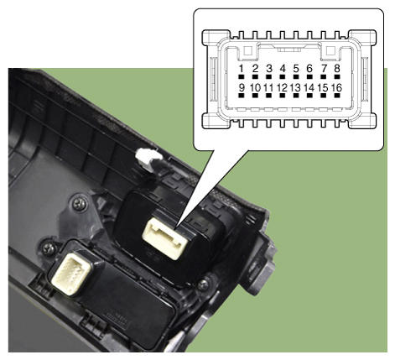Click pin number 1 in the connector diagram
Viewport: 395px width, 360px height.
pyautogui.click(x=242, y=68)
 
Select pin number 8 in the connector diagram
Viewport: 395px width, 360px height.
pyautogui.click(x=337, y=68)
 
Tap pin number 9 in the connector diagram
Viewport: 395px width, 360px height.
pyautogui.click(x=242, y=87)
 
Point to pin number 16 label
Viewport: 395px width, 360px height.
pyautogui.click(x=336, y=87)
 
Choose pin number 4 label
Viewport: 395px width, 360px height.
pyautogui.click(x=283, y=68)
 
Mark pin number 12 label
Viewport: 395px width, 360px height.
pyautogui.click(x=283, y=87)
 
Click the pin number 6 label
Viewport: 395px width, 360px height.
pyautogui.click(x=309, y=68)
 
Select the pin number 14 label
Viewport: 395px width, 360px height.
pyautogui.click(x=309, y=87)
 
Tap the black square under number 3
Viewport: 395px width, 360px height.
pyautogui.click(x=269, y=76)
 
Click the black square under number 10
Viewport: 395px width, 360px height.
pyautogui.click(x=255, y=96)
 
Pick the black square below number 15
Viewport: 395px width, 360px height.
pyautogui.click(x=324, y=96)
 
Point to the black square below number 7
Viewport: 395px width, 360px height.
pyautogui.click(x=324, y=76)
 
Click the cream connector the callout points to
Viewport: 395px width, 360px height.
pyautogui.click(x=165, y=238)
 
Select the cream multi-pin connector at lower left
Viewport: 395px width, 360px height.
pyautogui.click(x=71, y=272)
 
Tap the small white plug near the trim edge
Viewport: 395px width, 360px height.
pyautogui.click(x=148, y=160)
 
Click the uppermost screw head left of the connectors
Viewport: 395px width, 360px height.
pyautogui.click(x=79, y=204)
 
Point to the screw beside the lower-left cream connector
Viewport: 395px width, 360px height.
pyautogui.click(x=49, y=248)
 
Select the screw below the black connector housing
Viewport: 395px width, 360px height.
pyautogui.click(x=203, y=284)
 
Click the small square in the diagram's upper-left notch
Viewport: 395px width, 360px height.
pyautogui.click(x=248, y=50)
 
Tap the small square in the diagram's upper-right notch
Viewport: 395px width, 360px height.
pyautogui.click(x=330, y=50)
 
